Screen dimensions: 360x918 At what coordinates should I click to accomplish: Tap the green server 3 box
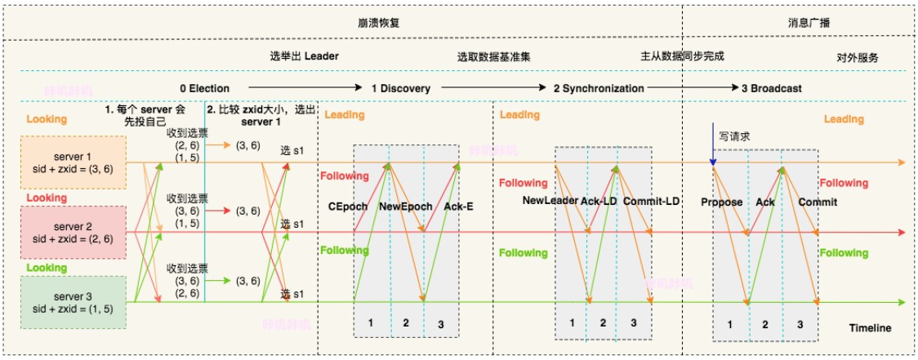(x=74, y=301)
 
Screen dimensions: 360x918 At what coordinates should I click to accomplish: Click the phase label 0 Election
(x=205, y=88)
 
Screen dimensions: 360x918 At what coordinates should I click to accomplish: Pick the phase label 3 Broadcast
(x=771, y=88)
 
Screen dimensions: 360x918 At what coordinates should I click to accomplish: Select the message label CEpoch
(x=348, y=207)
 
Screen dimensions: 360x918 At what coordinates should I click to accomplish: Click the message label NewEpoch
(x=405, y=207)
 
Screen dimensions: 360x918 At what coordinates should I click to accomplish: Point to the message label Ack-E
(x=458, y=207)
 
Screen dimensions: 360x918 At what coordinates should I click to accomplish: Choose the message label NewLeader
(x=550, y=200)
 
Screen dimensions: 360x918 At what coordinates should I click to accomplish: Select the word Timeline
(x=870, y=328)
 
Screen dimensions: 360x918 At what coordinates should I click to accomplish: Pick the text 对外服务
(x=858, y=58)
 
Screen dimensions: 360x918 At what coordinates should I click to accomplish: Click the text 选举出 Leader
(x=304, y=57)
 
